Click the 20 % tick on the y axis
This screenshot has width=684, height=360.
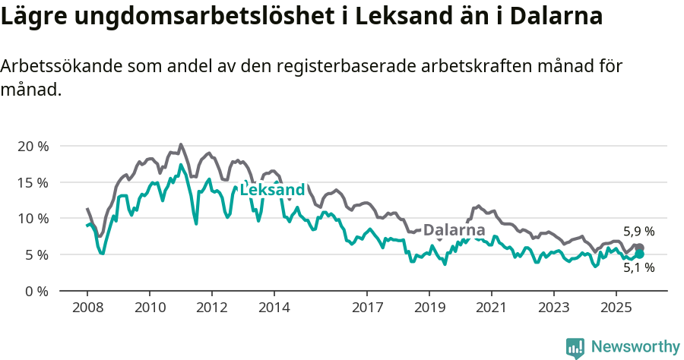click(32, 146)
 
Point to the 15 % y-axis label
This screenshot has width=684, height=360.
click(32, 182)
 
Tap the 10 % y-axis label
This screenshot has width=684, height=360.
click(32, 219)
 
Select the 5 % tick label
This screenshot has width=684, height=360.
click(36, 254)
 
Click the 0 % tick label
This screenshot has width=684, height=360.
click(36, 291)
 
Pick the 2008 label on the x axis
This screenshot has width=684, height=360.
click(87, 308)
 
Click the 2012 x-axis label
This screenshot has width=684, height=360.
click(211, 308)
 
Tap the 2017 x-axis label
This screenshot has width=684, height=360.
click(367, 308)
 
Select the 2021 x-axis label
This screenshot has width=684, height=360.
click(491, 308)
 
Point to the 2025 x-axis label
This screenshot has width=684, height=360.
click(616, 308)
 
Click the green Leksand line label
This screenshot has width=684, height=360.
click(272, 190)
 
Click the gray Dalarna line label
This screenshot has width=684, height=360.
click(454, 230)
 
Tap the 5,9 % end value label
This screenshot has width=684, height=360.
click(638, 232)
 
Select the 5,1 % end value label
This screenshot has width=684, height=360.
click(638, 267)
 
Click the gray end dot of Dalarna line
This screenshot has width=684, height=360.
click(639, 248)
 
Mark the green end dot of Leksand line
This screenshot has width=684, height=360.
click(639, 254)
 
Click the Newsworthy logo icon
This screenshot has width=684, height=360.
click(575, 347)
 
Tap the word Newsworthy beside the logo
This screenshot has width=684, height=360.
click(635, 347)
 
